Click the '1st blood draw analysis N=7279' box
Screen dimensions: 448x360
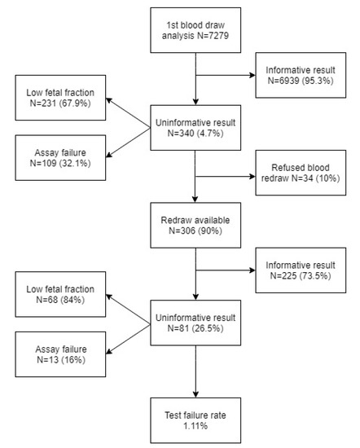tap(196, 31)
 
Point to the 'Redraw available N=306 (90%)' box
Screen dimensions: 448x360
tap(196, 226)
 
